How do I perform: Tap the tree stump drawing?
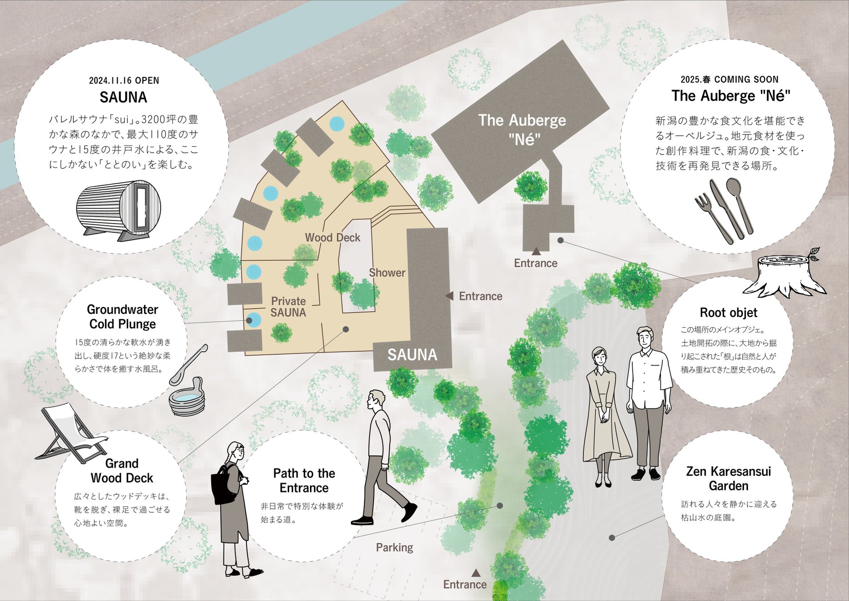(785, 274)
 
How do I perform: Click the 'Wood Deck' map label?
(332, 238)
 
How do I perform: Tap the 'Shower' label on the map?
(387, 272)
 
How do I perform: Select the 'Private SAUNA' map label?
(288, 307)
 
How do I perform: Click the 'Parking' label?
(394, 547)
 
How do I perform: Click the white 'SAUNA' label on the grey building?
(412, 355)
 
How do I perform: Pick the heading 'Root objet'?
(728, 313)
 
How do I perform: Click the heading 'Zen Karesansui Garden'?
(728, 478)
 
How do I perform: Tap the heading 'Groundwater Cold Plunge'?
(122, 317)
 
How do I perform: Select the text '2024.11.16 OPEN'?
(124, 81)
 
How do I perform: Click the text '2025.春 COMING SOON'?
(729, 80)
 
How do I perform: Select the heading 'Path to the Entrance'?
(304, 480)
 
